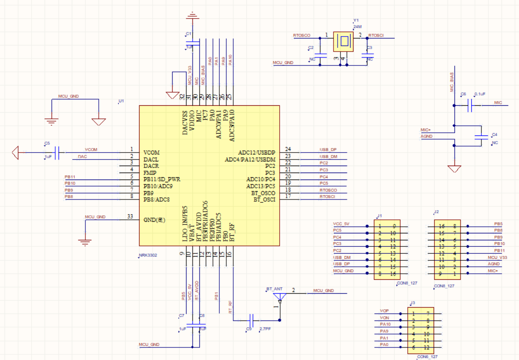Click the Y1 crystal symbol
pyautogui.click(x=344, y=42)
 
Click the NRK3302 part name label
pyautogui.click(x=147, y=255)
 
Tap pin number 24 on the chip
pyautogui.click(x=288, y=149)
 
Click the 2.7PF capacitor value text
pyautogui.click(x=265, y=329)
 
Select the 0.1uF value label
pyautogui.click(x=479, y=94)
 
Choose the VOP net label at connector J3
pyautogui.click(x=384, y=310)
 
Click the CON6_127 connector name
pyautogui.click(x=427, y=356)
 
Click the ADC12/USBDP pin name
pyautogui.click(x=256, y=153)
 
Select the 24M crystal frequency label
pyautogui.click(x=357, y=27)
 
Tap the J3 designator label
pyautogui.click(x=412, y=303)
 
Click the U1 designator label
pyautogui.click(x=121, y=101)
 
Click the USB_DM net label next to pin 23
pyautogui.click(x=328, y=156)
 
